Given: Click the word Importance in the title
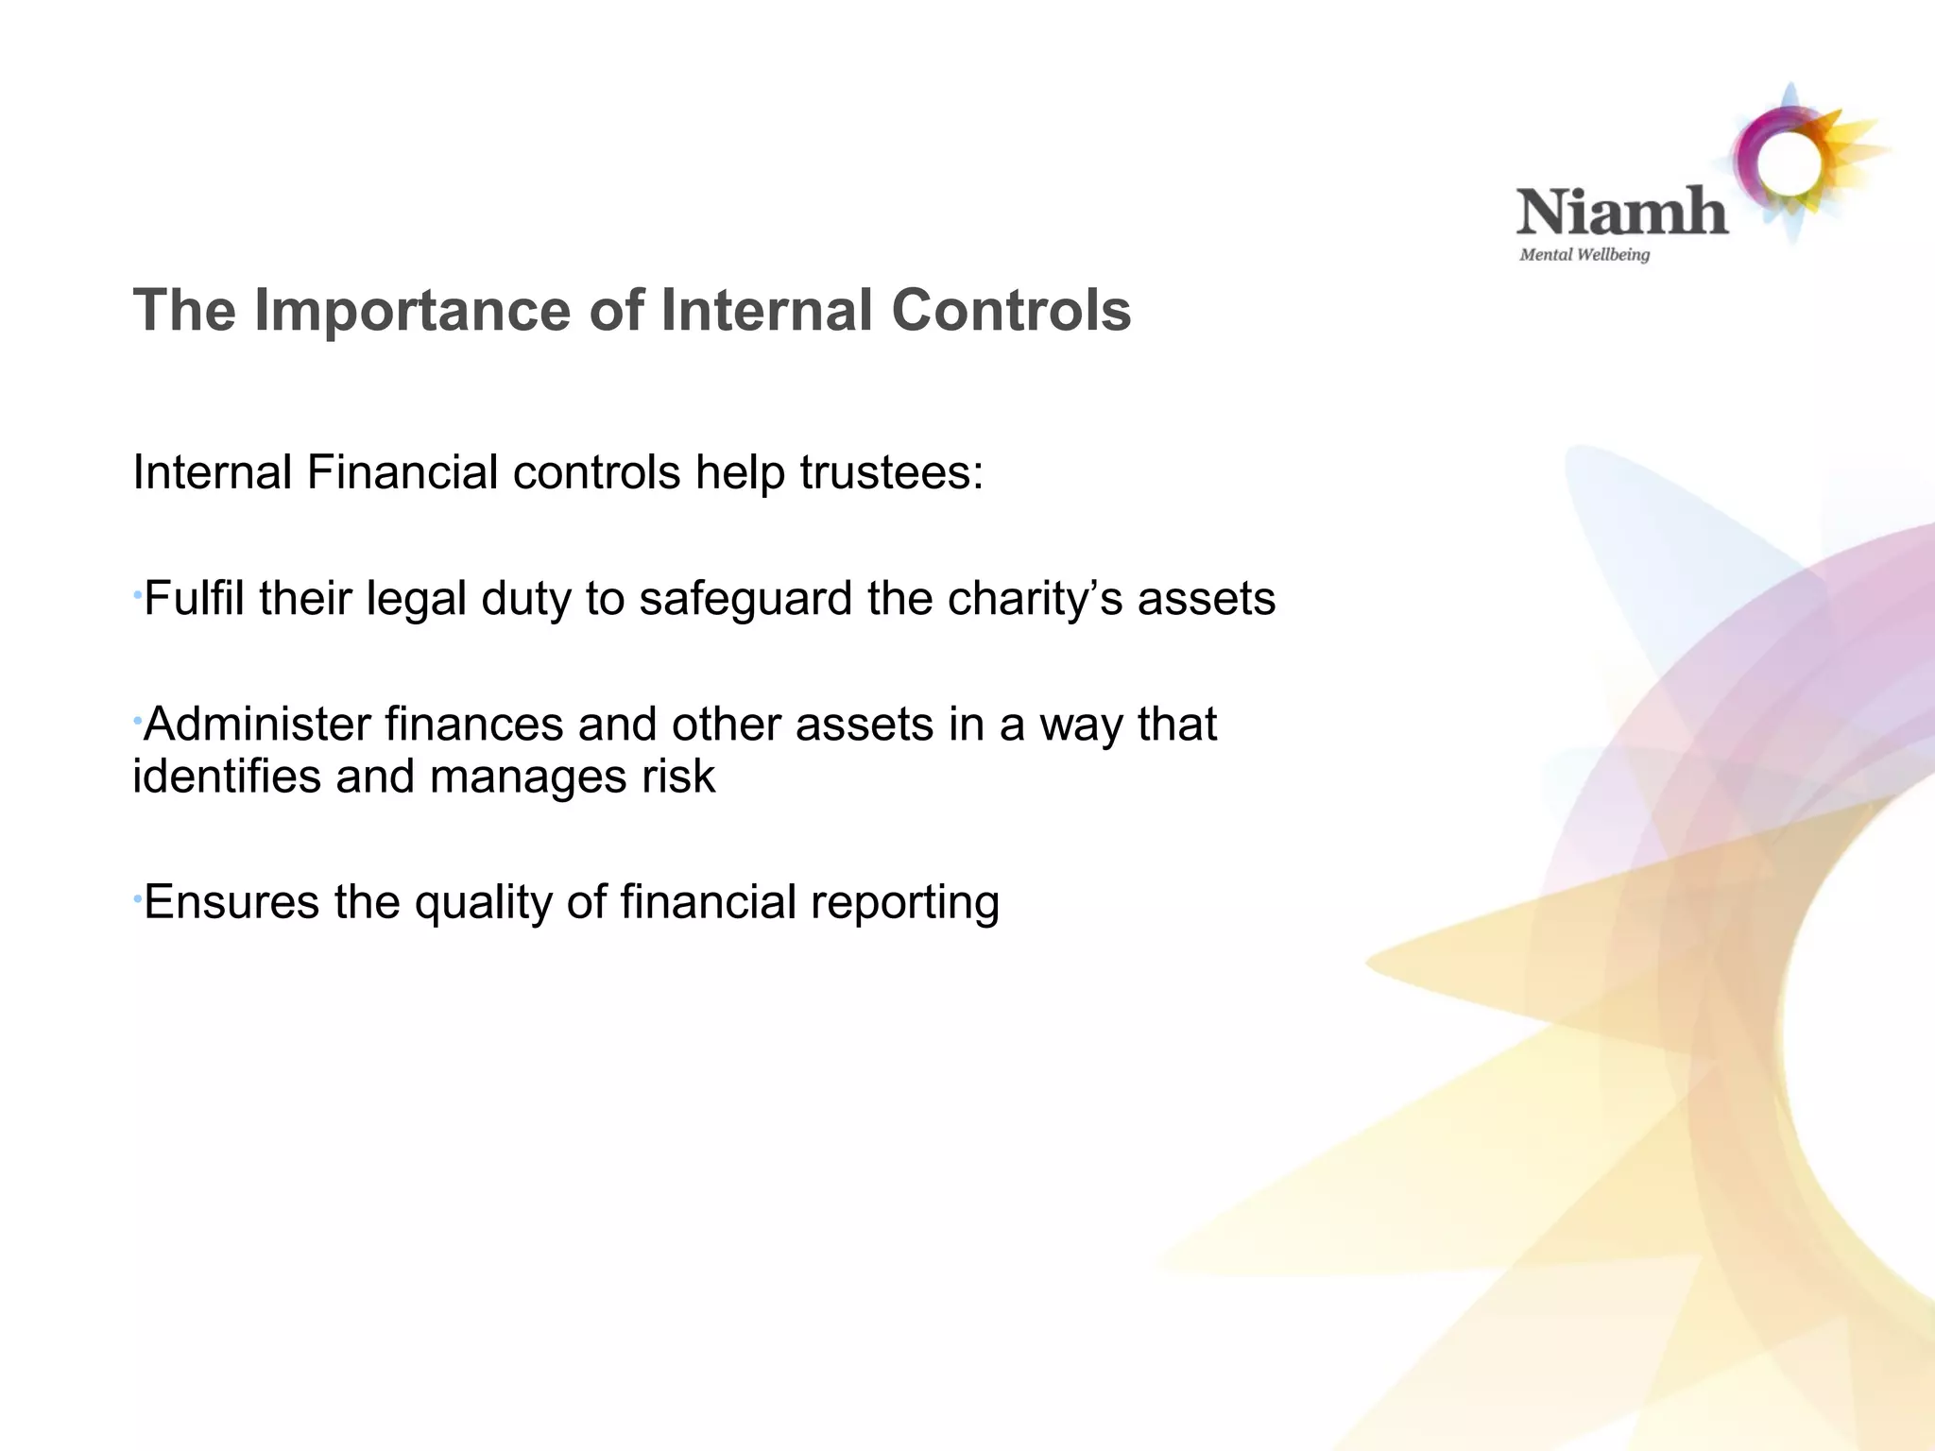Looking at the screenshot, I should click(413, 310).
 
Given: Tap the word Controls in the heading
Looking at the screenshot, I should click(1010, 310).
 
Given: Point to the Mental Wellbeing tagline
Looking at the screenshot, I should click(1584, 254).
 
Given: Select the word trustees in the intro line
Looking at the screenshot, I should click(891, 472).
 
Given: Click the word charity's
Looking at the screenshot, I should click(1034, 598).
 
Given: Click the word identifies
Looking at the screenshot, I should click(226, 777).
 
